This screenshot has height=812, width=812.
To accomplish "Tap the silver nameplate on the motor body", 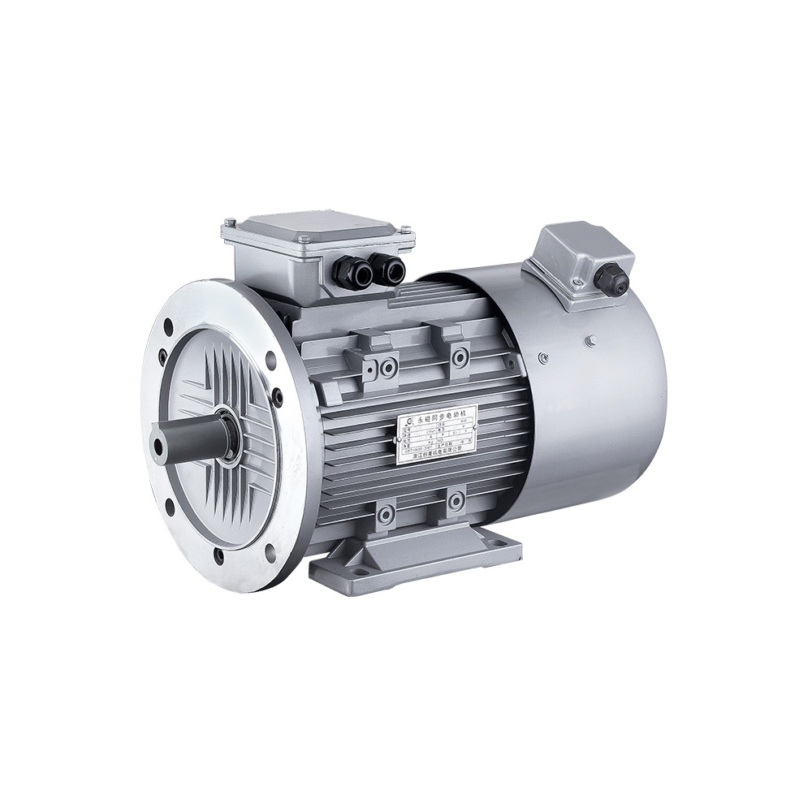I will tap(436, 434).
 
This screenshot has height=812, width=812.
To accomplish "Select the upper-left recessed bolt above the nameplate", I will tap(388, 367).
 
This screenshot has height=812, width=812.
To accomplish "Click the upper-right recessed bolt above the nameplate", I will tap(460, 356).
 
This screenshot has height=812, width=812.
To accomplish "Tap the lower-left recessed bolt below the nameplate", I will tap(385, 514).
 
